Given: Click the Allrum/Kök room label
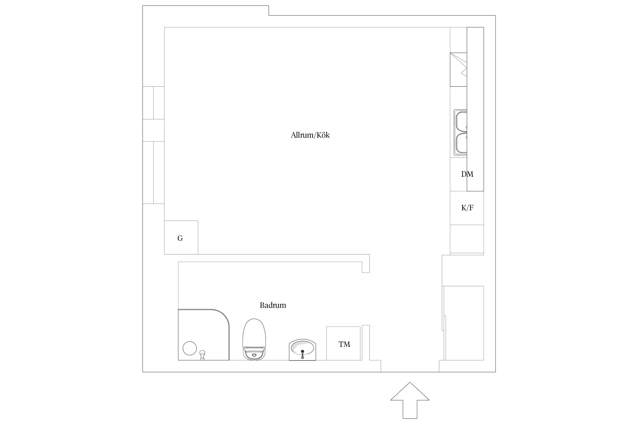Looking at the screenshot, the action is click(310, 135).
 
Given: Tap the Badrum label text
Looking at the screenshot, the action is click(273, 305).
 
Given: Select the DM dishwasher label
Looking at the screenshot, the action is click(467, 174).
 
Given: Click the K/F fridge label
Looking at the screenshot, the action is click(467, 208).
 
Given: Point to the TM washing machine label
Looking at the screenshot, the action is click(344, 344).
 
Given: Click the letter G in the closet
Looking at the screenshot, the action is click(180, 238).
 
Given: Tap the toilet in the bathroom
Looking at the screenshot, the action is click(254, 339).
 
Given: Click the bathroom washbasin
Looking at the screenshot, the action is click(302, 350).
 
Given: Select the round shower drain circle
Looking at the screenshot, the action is click(190, 348).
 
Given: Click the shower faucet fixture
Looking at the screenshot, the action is click(202, 355).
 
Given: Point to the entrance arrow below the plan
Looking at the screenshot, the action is click(410, 400).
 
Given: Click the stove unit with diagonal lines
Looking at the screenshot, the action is click(458, 70).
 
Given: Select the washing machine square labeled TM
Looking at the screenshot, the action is click(343, 343).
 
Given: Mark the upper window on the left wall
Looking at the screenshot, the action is click(153, 103).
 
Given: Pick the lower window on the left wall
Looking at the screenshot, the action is click(153, 172).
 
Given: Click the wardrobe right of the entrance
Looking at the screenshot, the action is click(464, 323).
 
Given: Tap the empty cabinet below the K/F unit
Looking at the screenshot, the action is click(467, 239).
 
